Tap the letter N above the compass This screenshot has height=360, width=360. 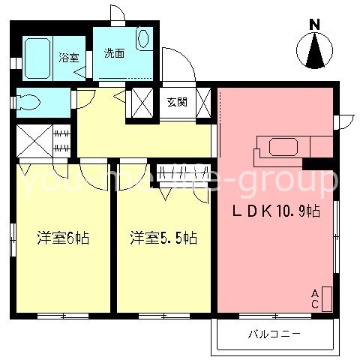[x=316, y=23]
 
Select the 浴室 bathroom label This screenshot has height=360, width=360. [x=69, y=57]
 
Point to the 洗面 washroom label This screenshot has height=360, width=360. [x=114, y=53]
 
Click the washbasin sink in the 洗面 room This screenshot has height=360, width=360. [x=145, y=39]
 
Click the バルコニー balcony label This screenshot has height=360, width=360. [x=274, y=332]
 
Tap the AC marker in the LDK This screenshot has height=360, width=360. [x=316, y=298]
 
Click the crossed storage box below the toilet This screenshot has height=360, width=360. [x=34, y=141]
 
